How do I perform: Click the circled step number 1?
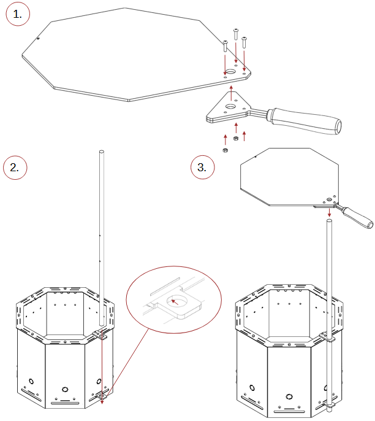[18, 14]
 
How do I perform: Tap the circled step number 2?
[15, 168]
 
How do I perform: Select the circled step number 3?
[202, 167]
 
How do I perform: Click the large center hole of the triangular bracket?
[230, 107]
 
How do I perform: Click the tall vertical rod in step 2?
[102, 238]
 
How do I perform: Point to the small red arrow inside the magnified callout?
[175, 302]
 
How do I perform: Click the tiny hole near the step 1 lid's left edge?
[38, 39]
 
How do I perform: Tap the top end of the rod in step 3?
[329, 221]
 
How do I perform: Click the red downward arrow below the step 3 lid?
[329, 212]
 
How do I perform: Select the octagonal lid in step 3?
[289, 177]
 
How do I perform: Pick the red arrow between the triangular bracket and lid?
[231, 93]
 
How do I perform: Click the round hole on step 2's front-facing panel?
[65, 389]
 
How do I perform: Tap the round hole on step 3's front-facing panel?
[289, 396]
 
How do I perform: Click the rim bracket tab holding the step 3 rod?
[328, 337]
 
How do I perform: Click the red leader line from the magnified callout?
[128, 363]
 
